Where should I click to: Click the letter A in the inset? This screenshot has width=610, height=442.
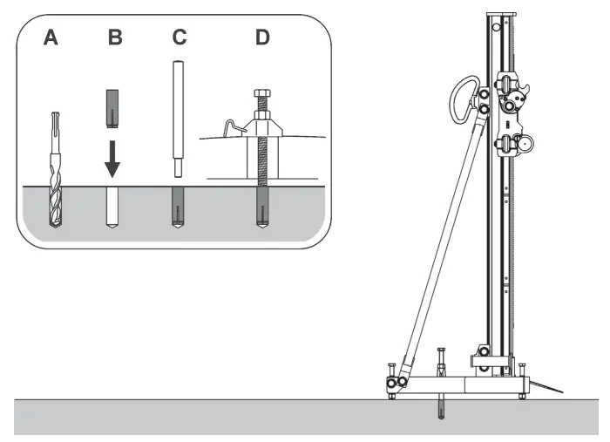point(51,38)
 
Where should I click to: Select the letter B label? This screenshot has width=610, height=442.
point(115,38)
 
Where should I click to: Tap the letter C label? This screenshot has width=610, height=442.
point(180,38)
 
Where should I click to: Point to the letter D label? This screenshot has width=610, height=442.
point(261,38)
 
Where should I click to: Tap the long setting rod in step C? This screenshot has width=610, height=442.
point(177,113)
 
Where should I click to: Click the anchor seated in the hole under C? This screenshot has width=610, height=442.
point(177,207)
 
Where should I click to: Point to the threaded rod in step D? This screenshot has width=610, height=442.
point(261,157)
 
